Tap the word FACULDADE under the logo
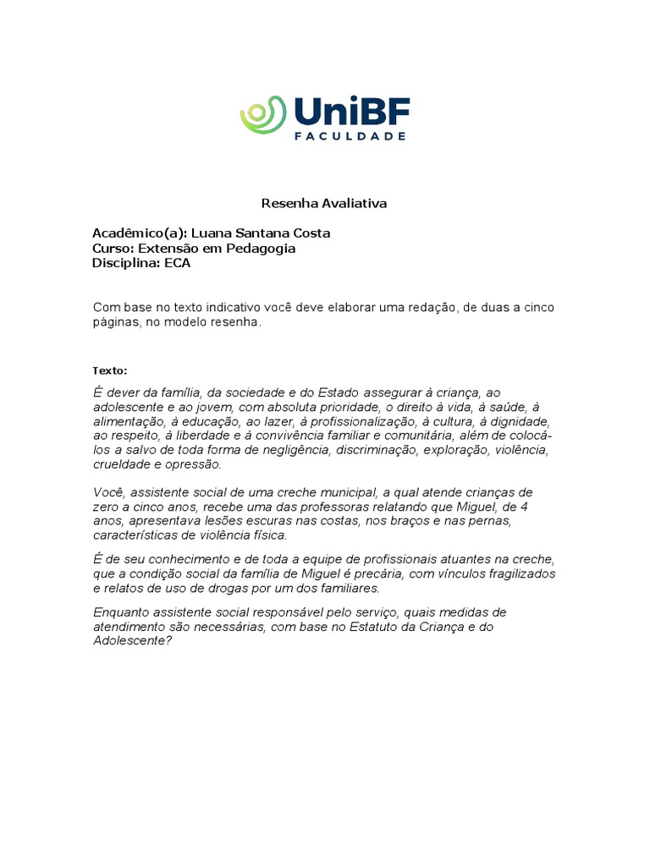point(350,135)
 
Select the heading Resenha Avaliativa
point(324,203)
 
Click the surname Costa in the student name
point(311,233)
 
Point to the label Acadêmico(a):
point(140,233)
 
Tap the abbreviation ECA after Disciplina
point(178,264)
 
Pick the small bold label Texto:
point(109,370)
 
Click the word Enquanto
point(122,611)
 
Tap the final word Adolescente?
point(132,641)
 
